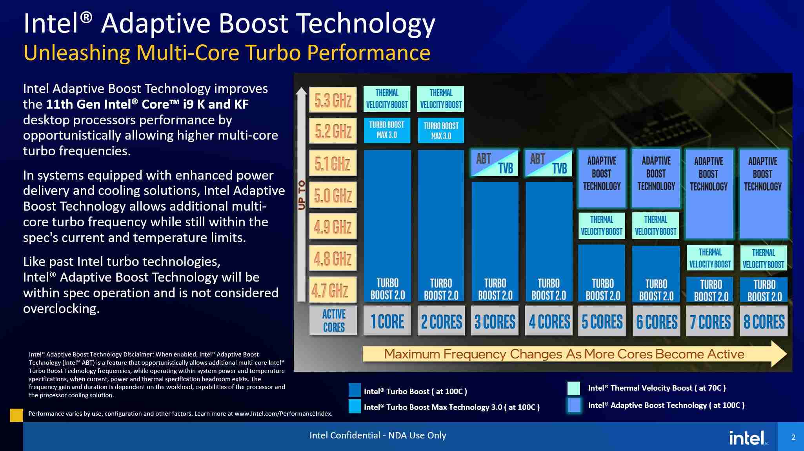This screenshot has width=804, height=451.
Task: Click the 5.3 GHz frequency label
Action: click(x=333, y=100)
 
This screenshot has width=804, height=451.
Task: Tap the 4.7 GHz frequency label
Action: click(x=333, y=290)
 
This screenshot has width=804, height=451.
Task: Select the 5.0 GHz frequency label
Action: click(x=333, y=195)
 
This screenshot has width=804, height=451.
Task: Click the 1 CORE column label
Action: click(x=387, y=321)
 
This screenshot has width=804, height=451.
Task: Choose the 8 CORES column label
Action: click(x=764, y=321)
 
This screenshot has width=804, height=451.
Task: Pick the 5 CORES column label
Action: click(x=602, y=321)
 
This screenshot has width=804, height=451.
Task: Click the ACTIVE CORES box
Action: click(x=333, y=320)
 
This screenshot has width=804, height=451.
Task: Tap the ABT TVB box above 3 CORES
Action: click(x=495, y=163)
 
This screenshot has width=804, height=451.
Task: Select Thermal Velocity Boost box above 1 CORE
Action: click(x=387, y=99)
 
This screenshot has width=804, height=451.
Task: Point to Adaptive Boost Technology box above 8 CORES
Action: click(x=763, y=193)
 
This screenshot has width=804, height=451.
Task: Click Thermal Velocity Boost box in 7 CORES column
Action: click(x=710, y=258)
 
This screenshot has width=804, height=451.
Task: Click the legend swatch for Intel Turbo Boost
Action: click(x=355, y=390)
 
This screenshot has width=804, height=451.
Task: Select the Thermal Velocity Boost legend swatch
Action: click(x=574, y=388)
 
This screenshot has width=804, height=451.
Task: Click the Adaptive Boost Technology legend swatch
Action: click(x=574, y=405)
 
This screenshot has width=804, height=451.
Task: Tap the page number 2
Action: click(x=793, y=437)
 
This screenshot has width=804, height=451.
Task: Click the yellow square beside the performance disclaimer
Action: click(x=16, y=415)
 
